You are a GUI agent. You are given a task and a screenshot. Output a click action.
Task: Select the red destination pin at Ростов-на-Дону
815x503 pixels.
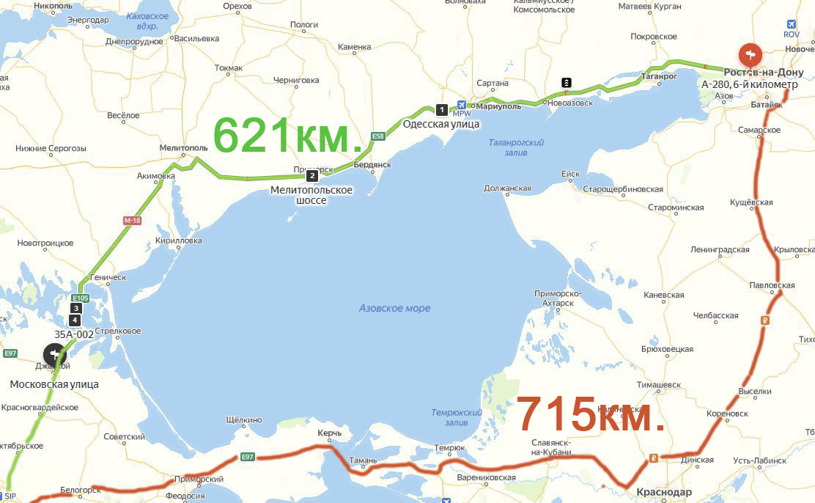[x=750, y=54]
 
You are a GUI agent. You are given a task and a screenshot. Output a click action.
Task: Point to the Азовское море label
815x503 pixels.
[x=394, y=309]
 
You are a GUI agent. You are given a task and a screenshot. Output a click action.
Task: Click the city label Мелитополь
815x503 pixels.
[x=184, y=147]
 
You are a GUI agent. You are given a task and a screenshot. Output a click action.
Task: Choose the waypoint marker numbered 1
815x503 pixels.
[x=441, y=110]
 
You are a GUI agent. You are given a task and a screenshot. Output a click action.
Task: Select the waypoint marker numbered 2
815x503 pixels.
[x=312, y=175]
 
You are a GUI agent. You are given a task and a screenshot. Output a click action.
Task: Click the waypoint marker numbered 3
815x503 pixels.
[x=75, y=309]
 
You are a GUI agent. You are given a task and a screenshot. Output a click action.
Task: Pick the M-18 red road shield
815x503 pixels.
[x=131, y=220]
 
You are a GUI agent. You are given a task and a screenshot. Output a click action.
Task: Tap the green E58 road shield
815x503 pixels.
[x=378, y=136]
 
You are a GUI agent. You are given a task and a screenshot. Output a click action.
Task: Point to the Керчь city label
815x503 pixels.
[x=329, y=433]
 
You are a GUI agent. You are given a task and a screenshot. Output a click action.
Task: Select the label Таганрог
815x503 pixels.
[x=657, y=76]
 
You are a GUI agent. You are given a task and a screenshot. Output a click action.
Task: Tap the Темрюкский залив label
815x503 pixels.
[x=456, y=417]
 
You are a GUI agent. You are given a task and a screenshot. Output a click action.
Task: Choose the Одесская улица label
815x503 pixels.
[x=441, y=124]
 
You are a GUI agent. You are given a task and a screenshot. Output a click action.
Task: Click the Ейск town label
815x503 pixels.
[x=570, y=174]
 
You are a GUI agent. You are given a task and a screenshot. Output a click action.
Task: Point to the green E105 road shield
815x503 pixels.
[x=81, y=298]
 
